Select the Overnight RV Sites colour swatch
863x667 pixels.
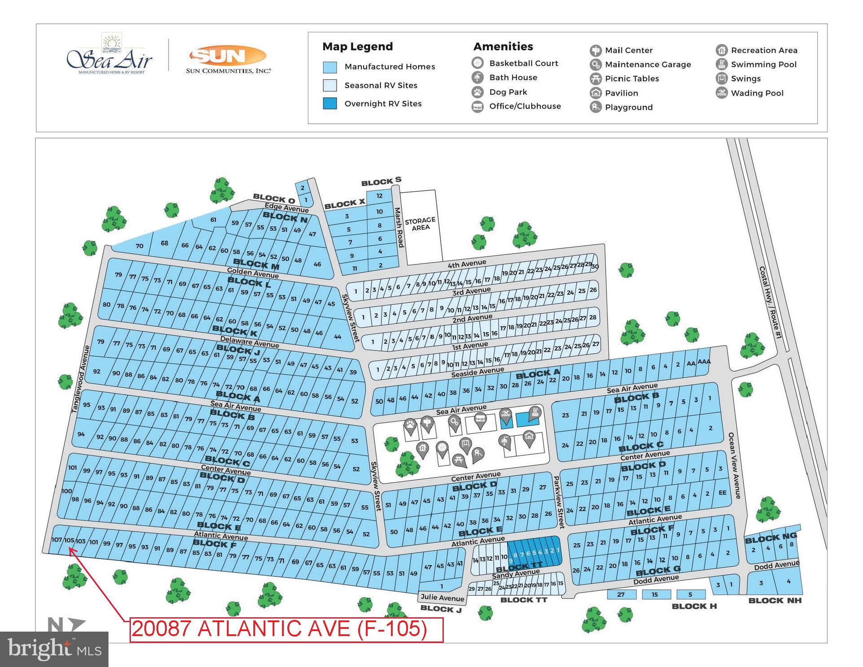click(x=330, y=104)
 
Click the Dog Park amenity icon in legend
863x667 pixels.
click(x=478, y=92)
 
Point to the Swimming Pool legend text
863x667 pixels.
click(x=763, y=65)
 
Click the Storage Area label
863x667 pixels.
click(x=420, y=224)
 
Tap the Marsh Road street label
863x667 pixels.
click(x=399, y=227)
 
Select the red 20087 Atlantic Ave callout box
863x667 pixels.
click(x=286, y=629)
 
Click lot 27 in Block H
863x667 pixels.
click(x=621, y=594)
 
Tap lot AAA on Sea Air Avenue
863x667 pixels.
click(x=704, y=362)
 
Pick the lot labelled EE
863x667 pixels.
click(x=722, y=493)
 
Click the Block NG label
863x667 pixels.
click(x=771, y=538)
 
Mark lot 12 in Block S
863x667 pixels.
click(x=379, y=196)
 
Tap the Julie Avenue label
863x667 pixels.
click(x=442, y=598)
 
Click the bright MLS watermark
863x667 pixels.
click(x=54, y=649)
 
